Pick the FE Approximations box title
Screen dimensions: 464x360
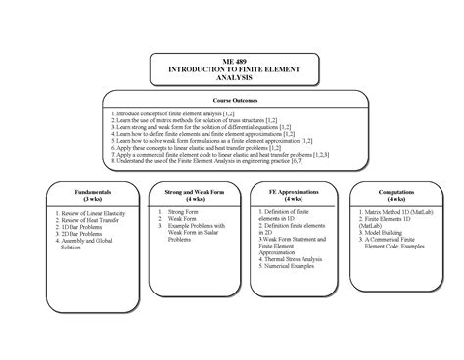[289, 193]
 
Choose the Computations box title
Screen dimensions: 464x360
[395, 193]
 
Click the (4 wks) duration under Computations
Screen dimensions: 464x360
[395, 200]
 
